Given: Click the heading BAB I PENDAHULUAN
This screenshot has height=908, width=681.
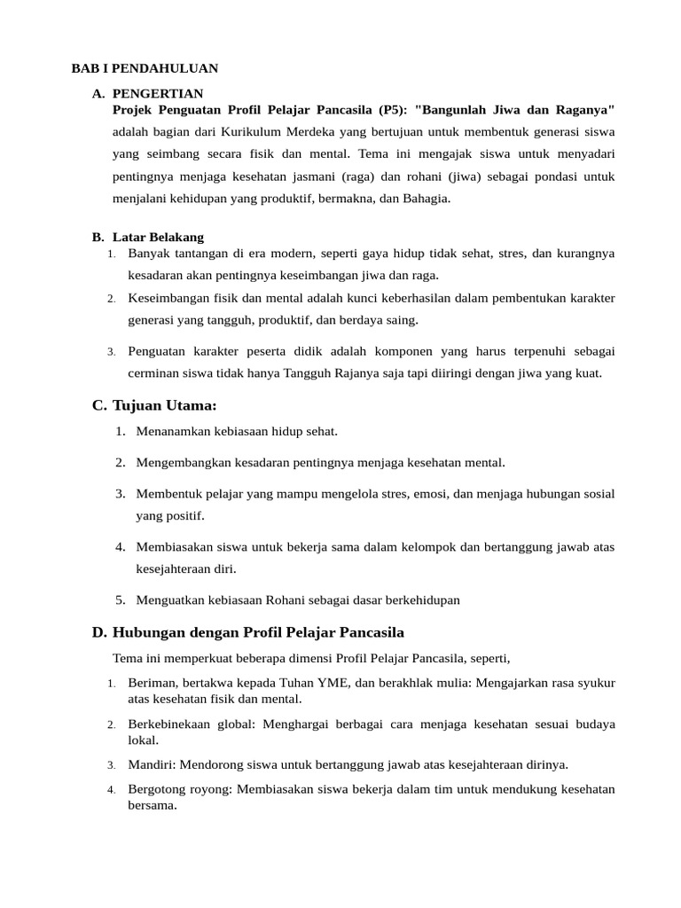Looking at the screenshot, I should pos(145,68).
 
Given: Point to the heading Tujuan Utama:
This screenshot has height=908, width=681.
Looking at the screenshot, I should pos(165,405).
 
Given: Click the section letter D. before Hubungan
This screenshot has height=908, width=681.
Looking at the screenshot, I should pos(99,632).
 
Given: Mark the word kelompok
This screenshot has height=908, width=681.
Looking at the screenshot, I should pos(426,546).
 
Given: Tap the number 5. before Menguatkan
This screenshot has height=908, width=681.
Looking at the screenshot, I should pos(121,600).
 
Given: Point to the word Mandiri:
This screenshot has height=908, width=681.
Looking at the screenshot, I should pos(152,764).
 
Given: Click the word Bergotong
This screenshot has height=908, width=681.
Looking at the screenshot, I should pos(156,788).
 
